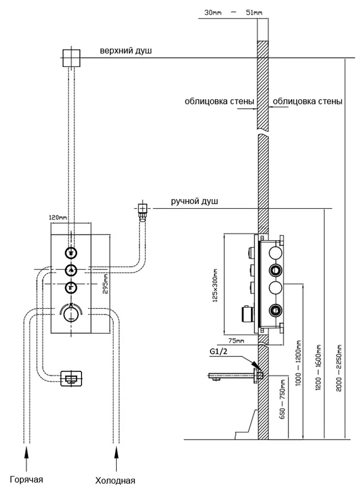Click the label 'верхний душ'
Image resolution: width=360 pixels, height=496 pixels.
[x=125, y=51]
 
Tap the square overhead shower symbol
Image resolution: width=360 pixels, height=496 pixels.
[x=71, y=58]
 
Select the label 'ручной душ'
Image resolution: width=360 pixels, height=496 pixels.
[x=194, y=201]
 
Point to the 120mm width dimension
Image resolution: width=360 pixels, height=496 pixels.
[x=58, y=217]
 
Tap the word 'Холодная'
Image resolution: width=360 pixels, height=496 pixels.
[x=115, y=480]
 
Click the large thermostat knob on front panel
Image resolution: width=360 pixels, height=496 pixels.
[x=70, y=314]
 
